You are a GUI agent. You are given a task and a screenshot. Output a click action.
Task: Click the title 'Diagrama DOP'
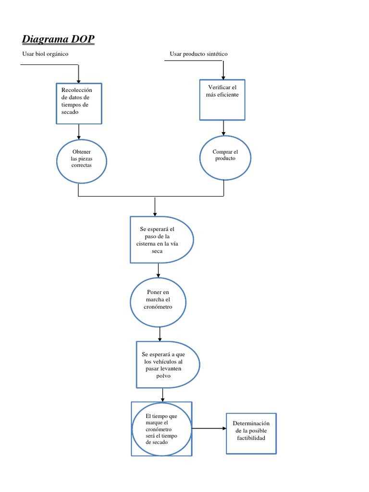point(58,39)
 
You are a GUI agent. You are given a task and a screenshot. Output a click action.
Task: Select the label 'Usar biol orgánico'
point(45,54)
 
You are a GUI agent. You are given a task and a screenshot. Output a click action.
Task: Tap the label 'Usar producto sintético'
point(198,54)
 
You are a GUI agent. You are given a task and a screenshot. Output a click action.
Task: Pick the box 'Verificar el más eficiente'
point(223,99)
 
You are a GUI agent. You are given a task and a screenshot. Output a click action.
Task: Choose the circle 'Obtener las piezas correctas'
point(81,161)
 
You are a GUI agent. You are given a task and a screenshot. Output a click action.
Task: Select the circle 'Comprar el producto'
point(225,158)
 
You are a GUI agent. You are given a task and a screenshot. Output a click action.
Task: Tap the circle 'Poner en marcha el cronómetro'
point(158,302)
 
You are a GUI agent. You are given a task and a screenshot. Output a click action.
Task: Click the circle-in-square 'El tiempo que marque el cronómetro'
point(161,429)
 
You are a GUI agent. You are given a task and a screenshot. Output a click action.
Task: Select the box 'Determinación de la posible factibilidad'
point(251,433)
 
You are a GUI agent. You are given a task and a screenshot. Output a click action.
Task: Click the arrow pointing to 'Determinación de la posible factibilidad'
point(209,428)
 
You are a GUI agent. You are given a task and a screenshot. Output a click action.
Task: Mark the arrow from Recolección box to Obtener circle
point(79,131)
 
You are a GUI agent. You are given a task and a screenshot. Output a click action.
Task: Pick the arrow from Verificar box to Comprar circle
point(223,128)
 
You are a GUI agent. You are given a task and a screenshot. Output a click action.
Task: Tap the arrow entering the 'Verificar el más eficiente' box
point(223,71)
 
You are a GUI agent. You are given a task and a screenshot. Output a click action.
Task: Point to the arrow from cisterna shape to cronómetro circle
point(158,271)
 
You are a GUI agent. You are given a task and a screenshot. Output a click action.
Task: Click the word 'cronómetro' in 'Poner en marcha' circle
point(158,307)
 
